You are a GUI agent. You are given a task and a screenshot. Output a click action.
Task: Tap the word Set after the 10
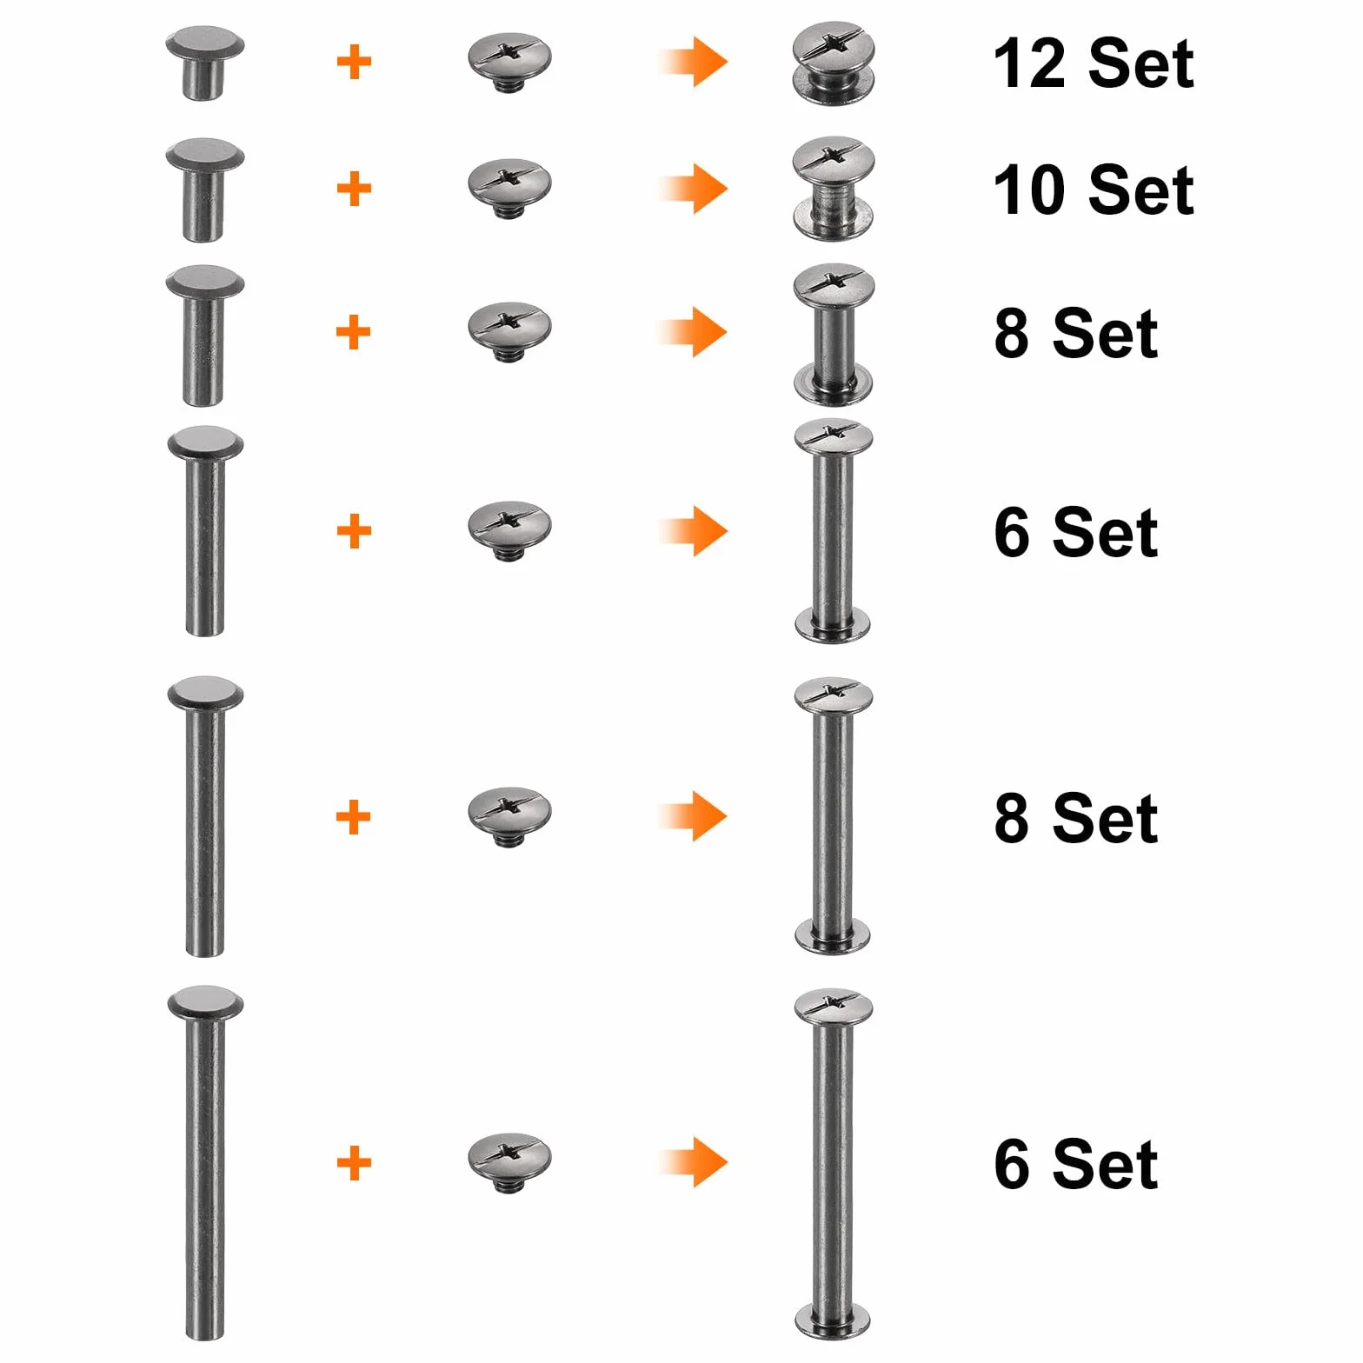tap(1141, 190)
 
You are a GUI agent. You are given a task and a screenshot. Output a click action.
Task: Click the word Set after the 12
tap(1141, 63)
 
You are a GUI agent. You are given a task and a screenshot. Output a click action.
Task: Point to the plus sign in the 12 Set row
tap(354, 63)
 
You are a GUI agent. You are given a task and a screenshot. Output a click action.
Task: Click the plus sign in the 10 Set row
tap(354, 189)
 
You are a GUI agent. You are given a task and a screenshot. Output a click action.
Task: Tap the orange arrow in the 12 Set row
tap(693, 63)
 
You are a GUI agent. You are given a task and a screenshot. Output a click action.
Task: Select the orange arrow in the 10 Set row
tap(693, 189)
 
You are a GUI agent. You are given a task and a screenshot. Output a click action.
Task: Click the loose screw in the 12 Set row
tap(509, 62)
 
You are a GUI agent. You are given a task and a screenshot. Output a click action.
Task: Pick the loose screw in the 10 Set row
tap(509, 187)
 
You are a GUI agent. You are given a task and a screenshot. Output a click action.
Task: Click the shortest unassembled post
tap(205, 63)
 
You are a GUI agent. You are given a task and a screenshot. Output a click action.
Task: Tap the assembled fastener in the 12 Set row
tap(834, 63)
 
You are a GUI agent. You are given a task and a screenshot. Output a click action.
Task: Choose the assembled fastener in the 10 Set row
tap(834, 189)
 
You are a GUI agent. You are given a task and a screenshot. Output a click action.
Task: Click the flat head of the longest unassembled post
tap(205, 1004)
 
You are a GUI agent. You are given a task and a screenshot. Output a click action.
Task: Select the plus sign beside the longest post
tap(354, 1163)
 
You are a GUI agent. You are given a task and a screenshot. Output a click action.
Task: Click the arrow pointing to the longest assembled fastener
tap(693, 1162)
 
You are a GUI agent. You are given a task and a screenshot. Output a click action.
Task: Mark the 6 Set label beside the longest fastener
tap(1076, 1164)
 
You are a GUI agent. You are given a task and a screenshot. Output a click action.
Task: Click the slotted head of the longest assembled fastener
tap(834, 1007)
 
